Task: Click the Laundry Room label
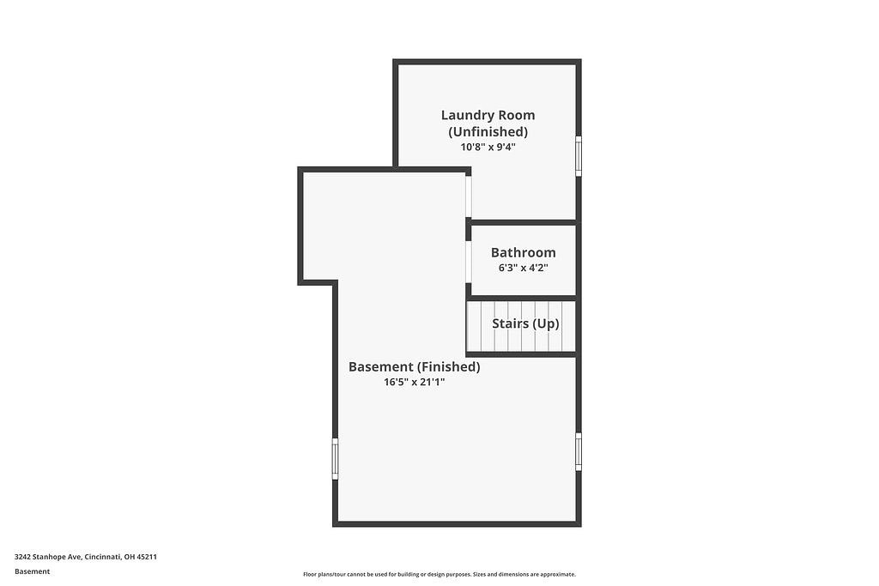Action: point(488,115)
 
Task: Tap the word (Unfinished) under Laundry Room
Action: point(488,131)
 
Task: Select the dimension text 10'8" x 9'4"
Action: point(488,147)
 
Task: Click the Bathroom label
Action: point(523,252)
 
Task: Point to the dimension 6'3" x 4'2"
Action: point(523,268)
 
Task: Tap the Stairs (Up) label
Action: point(525,323)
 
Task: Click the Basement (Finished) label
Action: point(414,366)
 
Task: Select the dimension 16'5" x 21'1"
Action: point(414,382)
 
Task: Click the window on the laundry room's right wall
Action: point(579,155)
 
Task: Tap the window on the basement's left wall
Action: point(335,458)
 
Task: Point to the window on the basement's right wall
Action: point(579,452)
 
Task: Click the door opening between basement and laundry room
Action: point(469,196)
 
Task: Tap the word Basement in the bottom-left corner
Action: point(32,571)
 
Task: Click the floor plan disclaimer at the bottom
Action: point(439,575)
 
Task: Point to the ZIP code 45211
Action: point(147,557)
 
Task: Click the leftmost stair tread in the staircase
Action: point(474,326)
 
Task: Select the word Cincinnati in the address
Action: point(102,557)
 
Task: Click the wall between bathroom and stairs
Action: point(522,298)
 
